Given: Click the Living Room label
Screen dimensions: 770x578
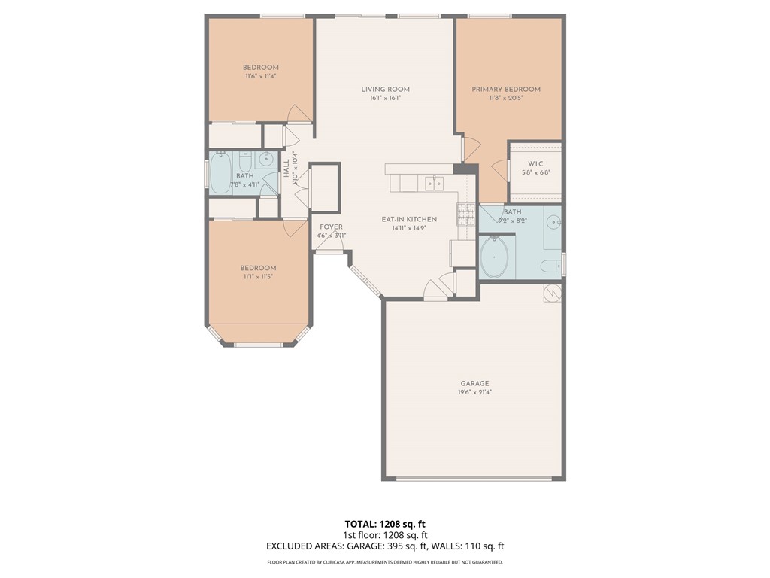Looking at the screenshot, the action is pyautogui.click(x=385, y=90).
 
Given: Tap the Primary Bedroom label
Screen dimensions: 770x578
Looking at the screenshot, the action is pyautogui.click(x=506, y=90).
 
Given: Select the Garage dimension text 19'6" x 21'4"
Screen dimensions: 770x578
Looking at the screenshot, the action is pyautogui.click(x=475, y=392).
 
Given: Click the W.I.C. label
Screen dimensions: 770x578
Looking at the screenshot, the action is pyautogui.click(x=535, y=163).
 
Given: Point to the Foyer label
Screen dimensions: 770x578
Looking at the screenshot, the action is pyautogui.click(x=331, y=227).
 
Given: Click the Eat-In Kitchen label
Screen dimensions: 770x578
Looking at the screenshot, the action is pyautogui.click(x=409, y=219).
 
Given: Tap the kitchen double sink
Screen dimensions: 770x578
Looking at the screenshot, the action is pyautogui.click(x=434, y=184).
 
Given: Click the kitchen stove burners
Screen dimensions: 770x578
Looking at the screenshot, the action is pyautogui.click(x=465, y=214).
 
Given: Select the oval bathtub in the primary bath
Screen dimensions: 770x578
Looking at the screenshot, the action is pyautogui.click(x=494, y=257).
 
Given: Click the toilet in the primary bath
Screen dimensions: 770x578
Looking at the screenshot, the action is pyautogui.click(x=550, y=266).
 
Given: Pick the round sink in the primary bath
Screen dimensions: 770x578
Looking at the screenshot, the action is pyautogui.click(x=554, y=222).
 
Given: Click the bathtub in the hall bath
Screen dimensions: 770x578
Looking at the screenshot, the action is pyautogui.click(x=220, y=172).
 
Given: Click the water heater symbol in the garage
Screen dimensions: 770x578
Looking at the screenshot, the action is pyautogui.click(x=552, y=293).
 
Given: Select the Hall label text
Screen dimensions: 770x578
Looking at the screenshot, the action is pyautogui.click(x=286, y=169).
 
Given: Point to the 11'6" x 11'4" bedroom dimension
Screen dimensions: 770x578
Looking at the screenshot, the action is pyautogui.click(x=261, y=76).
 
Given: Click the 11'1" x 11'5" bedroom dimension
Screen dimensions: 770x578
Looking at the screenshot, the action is pyautogui.click(x=258, y=277).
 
